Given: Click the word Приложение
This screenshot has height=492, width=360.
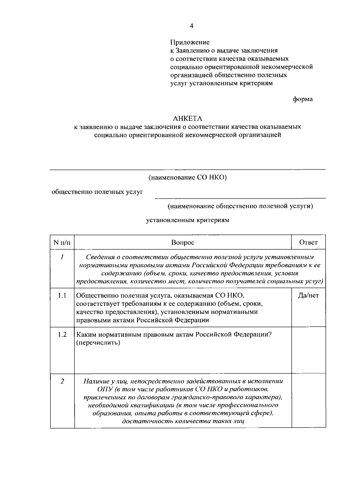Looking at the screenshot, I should click(x=190, y=42).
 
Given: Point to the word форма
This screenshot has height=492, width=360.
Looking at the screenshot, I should click(x=302, y=99).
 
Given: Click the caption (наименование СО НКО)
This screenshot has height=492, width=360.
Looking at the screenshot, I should click(x=188, y=178).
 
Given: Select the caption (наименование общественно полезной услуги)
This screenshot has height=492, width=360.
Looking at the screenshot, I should click(x=240, y=206).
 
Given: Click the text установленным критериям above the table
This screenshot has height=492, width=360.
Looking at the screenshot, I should click(x=188, y=220).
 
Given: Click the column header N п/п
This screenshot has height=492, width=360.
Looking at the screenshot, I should click(x=62, y=242).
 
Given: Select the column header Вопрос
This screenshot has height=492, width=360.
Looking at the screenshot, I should click(x=183, y=242).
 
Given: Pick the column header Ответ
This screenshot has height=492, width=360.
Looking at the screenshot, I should click(x=308, y=242).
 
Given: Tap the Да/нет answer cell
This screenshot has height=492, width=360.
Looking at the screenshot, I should click(x=308, y=295).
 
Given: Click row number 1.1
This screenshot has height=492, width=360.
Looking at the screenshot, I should click(x=62, y=295).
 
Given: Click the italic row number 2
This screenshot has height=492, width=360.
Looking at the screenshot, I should click(x=62, y=381).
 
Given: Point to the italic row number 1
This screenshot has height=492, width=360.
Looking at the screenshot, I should click(x=62, y=257).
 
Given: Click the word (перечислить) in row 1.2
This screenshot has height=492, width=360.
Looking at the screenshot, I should click(x=98, y=343).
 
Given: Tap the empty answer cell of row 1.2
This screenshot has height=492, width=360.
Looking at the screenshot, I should click(x=308, y=350).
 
